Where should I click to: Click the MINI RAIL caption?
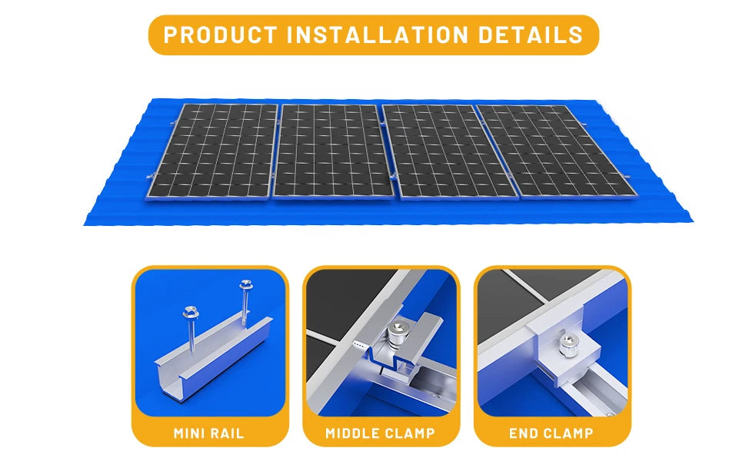tap(209, 433)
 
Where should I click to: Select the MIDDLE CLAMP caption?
tap(380, 433)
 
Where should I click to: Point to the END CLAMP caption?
tap(551, 433)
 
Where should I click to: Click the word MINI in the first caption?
tap(190, 433)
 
